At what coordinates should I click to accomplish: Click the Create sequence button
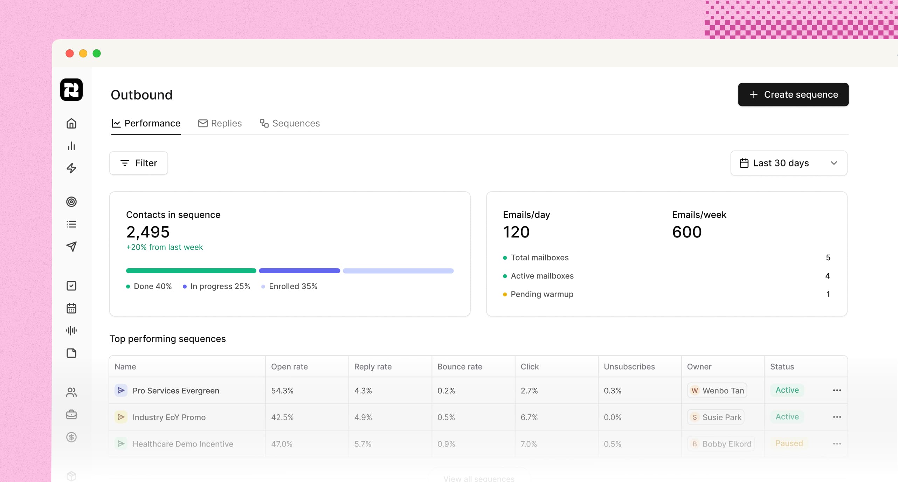[x=793, y=95]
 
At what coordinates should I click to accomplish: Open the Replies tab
[x=220, y=123]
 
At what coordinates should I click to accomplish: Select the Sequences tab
[x=290, y=123]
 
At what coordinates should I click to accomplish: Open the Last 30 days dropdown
[x=788, y=163]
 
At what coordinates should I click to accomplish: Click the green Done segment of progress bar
[x=191, y=271]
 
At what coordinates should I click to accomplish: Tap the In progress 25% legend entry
[x=216, y=287]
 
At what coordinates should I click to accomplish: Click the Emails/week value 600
[x=686, y=232]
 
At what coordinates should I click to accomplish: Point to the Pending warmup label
[x=542, y=294]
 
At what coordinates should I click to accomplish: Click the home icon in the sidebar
[x=71, y=124]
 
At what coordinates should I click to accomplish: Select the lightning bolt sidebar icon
[x=71, y=168]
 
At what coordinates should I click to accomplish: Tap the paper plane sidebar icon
[x=71, y=247]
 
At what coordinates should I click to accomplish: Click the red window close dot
[x=70, y=54]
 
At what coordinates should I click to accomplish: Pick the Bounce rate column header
[x=460, y=367]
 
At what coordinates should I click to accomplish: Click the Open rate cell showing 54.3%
[x=282, y=391]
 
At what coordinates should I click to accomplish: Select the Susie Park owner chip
[x=716, y=417]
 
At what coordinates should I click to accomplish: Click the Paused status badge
[x=789, y=443]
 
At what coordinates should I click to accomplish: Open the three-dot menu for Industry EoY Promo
[x=837, y=417]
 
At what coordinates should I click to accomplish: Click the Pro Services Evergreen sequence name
[x=176, y=391]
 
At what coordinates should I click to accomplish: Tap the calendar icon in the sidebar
[x=71, y=308]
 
